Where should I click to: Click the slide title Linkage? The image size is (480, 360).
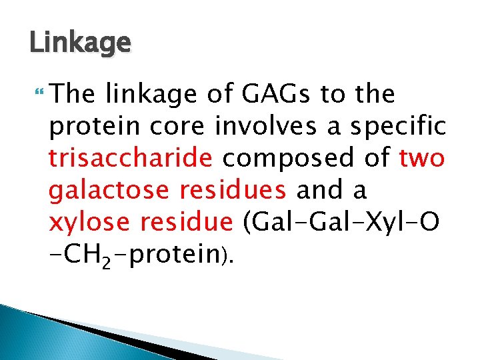tap(80, 44)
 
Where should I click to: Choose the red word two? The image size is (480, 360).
tap(422, 159)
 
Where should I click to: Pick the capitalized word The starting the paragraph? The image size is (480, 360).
tap(72, 95)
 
